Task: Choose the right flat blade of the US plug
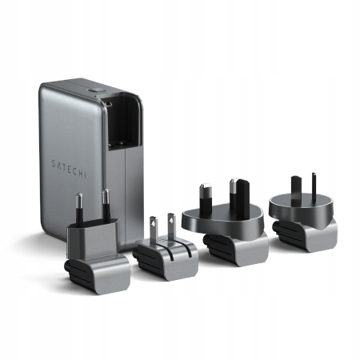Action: pos(170,226)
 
